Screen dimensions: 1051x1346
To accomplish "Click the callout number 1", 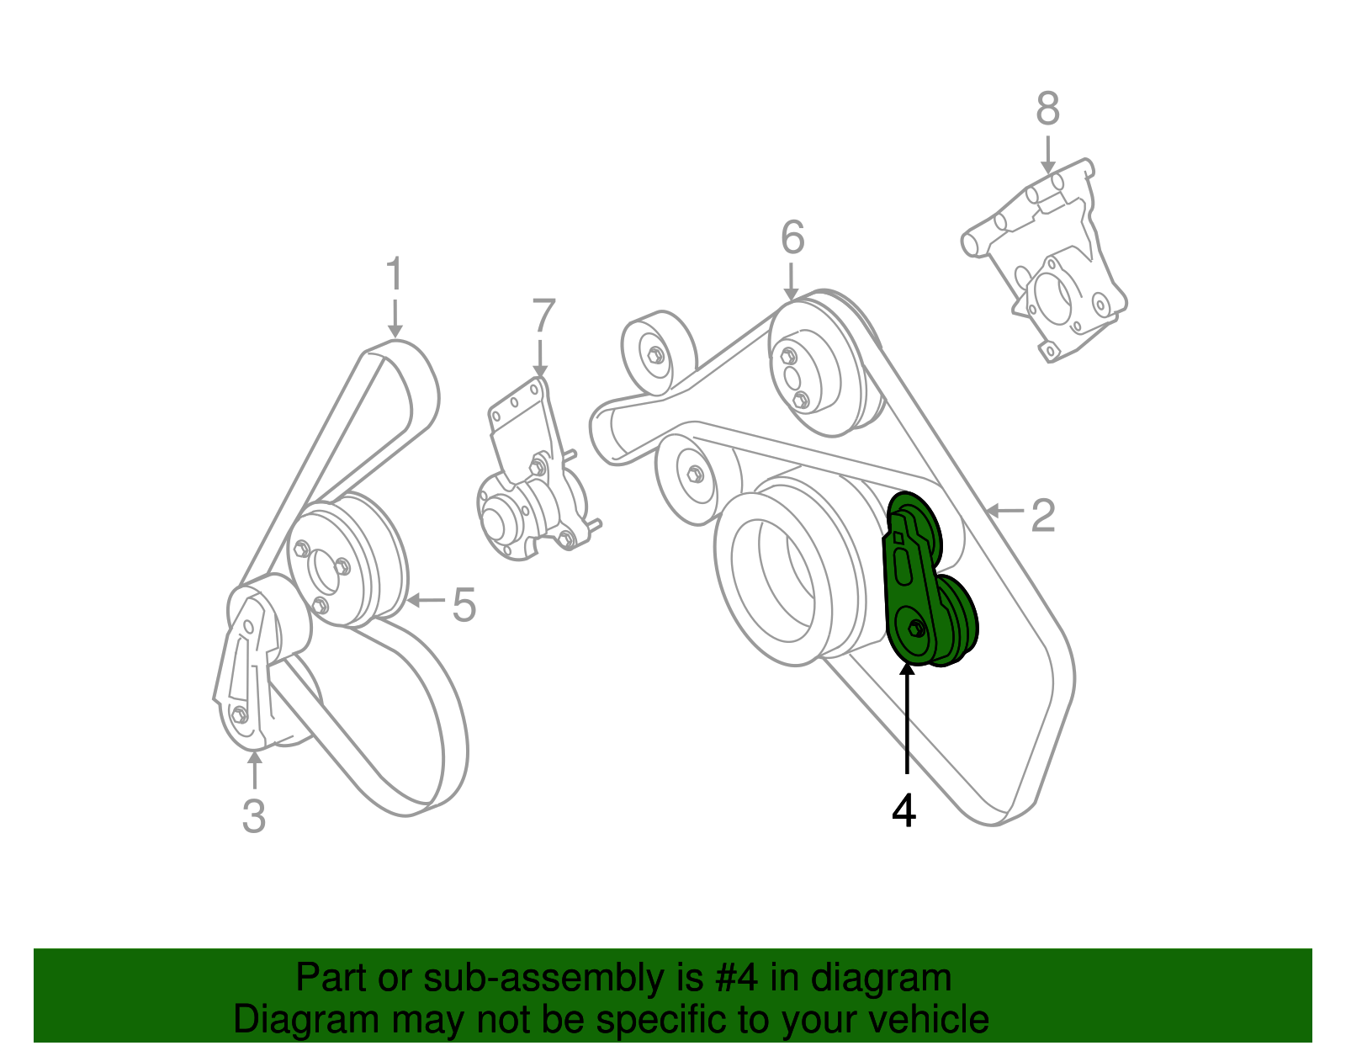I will [x=394, y=275].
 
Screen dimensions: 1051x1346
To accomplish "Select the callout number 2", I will [x=1043, y=515].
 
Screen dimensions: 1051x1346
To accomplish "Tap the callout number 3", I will [x=253, y=815].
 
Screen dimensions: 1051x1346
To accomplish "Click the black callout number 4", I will [x=904, y=810].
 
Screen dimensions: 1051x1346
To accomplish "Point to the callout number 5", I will [x=464, y=604].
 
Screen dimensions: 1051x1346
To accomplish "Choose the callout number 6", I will [x=792, y=238].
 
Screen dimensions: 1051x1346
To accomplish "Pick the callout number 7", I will [x=543, y=317].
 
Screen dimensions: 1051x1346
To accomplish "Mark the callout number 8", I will [x=1047, y=109].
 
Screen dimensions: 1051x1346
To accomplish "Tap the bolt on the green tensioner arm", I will [x=917, y=628].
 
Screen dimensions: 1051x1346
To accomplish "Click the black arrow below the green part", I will [x=906, y=715].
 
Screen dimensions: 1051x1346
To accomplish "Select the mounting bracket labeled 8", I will [x=1047, y=261].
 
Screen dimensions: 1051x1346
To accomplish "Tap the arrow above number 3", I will [x=254, y=770].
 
